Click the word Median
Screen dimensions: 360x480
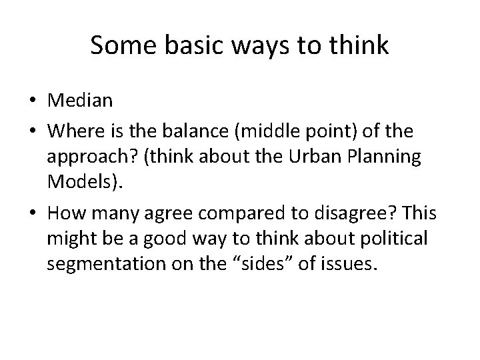(x=80, y=101)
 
